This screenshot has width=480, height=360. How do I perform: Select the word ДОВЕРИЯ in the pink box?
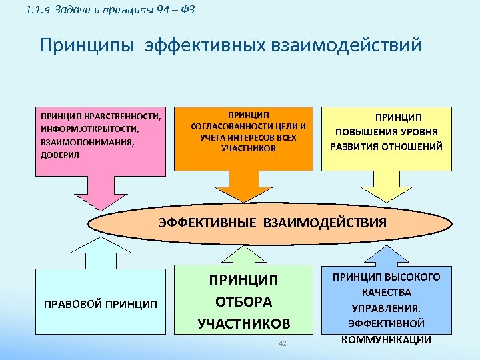tap(60, 155)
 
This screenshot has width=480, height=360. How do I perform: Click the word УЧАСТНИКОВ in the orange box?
tap(248, 148)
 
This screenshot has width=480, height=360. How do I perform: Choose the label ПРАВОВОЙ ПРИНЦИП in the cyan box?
tap(101, 305)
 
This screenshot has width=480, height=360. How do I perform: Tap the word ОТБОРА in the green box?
tap(244, 301)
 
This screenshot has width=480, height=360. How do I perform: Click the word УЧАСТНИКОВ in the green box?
tap(244, 324)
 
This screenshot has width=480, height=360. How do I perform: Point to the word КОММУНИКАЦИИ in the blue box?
tap(386, 339)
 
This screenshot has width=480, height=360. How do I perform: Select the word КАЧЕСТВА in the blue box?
tap(387, 293)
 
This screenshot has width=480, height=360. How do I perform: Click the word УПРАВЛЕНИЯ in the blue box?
tap(386, 308)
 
